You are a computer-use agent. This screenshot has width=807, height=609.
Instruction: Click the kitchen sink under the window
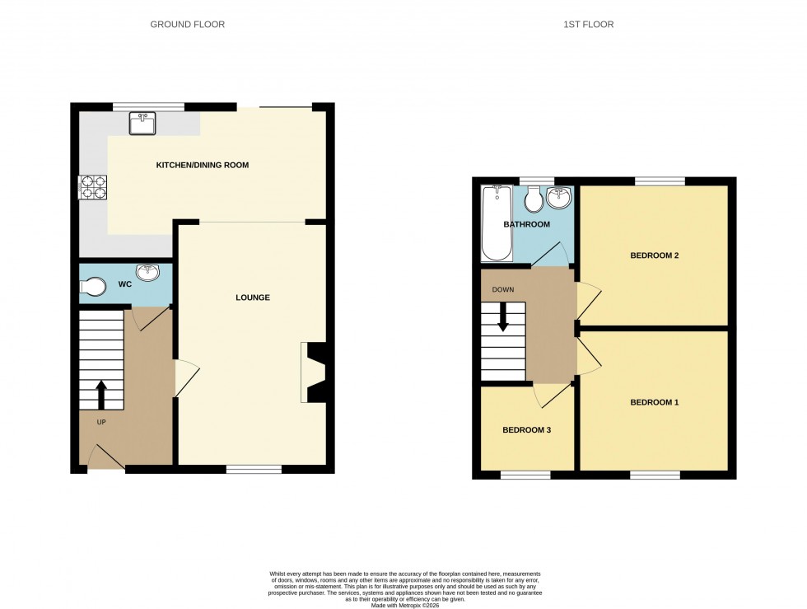click(x=142, y=124)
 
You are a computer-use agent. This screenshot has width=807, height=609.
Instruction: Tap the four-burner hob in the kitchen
click(x=93, y=188)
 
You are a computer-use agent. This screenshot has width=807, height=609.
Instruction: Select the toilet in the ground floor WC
click(x=94, y=287)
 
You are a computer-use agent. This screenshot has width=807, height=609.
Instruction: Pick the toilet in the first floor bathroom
click(x=533, y=199)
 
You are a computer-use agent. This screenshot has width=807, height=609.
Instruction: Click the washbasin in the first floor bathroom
click(x=560, y=199)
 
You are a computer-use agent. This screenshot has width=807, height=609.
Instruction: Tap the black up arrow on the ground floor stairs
click(x=101, y=394)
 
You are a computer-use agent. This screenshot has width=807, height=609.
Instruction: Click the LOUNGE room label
click(x=252, y=297)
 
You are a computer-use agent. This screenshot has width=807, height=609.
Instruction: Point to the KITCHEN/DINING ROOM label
click(x=203, y=166)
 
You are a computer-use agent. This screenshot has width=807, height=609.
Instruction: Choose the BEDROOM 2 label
click(x=655, y=255)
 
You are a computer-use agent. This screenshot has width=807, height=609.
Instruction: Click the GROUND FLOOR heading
click(x=187, y=25)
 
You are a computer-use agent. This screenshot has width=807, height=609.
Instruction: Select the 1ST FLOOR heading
click(x=589, y=25)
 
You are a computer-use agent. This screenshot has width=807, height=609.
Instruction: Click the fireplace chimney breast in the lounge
click(x=315, y=373)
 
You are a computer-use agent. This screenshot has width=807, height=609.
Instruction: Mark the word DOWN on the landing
click(x=503, y=290)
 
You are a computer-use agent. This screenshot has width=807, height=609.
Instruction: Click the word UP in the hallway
click(x=102, y=423)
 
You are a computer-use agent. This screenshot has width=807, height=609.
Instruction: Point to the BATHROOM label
click(x=526, y=225)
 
